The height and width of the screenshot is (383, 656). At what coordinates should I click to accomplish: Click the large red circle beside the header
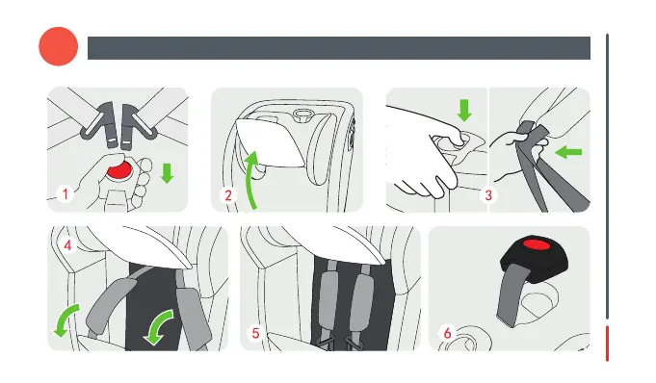tap(59, 46)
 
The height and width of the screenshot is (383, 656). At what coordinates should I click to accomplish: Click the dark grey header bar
tap(339, 48)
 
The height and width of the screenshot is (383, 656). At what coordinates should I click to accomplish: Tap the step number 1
tap(66, 194)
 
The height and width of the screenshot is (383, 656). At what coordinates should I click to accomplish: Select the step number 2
tap(228, 195)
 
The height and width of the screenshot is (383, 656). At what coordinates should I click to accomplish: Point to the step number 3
tap(488, 195)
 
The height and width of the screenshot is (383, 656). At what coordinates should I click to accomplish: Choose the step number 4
tap(67, 245)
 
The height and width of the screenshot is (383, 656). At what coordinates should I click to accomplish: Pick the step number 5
tap(255, 333)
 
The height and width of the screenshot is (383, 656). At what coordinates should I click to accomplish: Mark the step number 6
tap(447, 333)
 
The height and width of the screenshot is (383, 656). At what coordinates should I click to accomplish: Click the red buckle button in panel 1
tap(118, 170)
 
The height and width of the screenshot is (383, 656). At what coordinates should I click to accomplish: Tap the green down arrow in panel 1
tap(167, 173)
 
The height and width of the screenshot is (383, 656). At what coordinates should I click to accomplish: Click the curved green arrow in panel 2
tap(251, 180)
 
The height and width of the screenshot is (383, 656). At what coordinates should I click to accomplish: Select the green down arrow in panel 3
tap(464, 111)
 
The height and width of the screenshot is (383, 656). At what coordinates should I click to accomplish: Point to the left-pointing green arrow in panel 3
tap(568, 152)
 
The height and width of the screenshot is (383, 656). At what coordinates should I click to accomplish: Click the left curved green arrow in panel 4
tap(66, 320)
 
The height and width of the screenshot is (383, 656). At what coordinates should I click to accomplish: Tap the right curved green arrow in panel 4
tap(159, 327)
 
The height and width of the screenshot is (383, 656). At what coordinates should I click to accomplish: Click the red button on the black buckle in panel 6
tap(538, 244)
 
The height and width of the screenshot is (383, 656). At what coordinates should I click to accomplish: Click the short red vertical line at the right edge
tap(607, 343)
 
